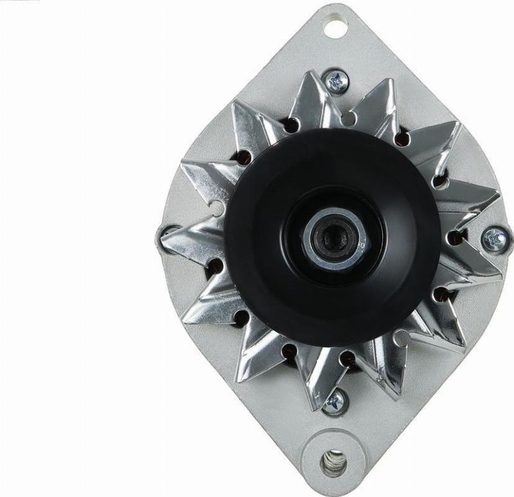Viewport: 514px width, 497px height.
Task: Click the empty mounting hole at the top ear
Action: click(333, 28)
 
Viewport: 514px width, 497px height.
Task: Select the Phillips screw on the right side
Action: click(493, 239)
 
